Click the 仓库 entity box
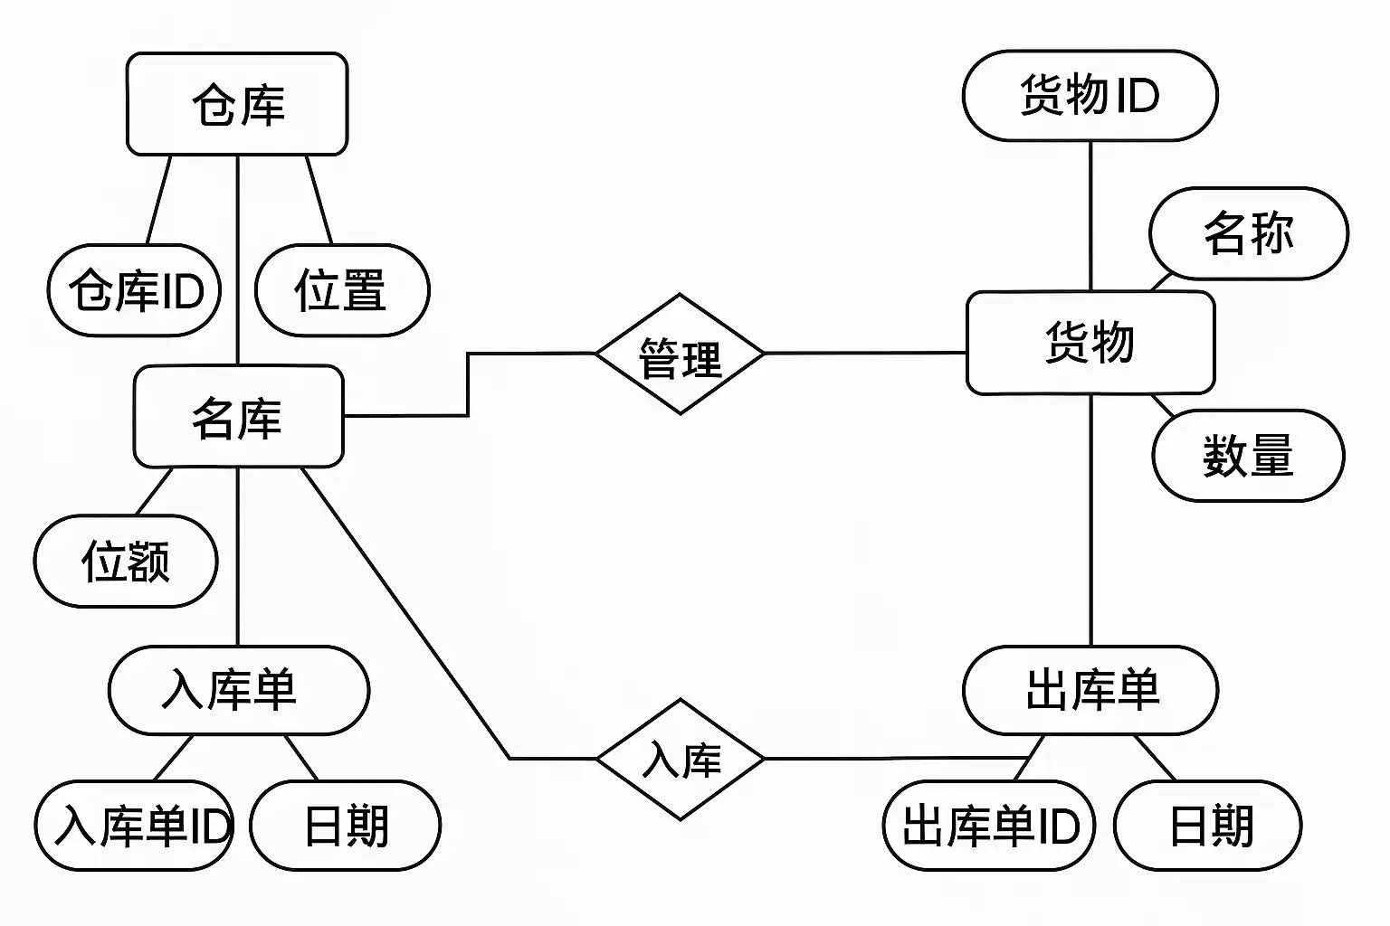237,104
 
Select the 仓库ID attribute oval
134,290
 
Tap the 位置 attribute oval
342,290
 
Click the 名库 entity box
238,417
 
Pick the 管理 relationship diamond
680,354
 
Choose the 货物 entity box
1090,343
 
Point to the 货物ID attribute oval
1090,96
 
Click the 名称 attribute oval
1248,233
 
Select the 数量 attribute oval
1248,455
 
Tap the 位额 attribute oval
126,561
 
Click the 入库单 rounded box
238,690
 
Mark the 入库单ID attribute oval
134,826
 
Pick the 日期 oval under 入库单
345,826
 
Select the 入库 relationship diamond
680,759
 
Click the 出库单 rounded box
1090,690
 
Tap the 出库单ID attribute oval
989,826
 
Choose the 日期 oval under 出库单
1208,826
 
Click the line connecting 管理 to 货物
864,354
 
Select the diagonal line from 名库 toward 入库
407,615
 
